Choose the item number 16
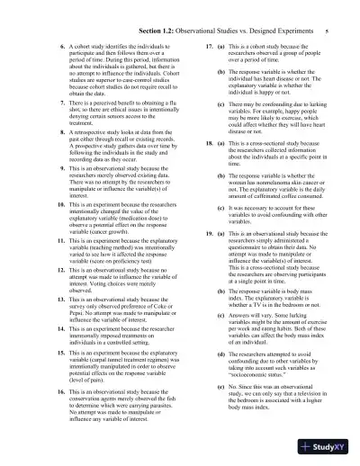click(x=46, y=392)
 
